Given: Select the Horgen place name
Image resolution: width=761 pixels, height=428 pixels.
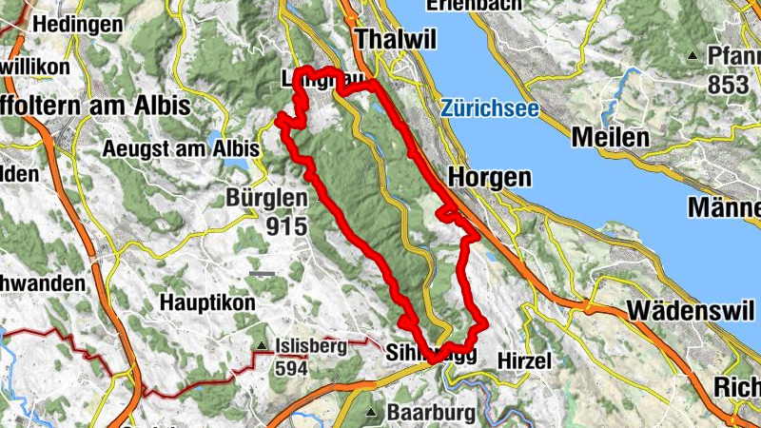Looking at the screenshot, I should point(488,177).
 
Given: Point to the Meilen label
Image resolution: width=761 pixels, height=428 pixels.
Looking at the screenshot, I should point(610,138).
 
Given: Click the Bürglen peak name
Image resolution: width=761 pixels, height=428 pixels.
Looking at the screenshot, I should point(266,198).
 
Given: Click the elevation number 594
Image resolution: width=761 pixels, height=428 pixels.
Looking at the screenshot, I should point(290,368).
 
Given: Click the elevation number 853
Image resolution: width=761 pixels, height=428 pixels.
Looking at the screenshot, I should point(729,85).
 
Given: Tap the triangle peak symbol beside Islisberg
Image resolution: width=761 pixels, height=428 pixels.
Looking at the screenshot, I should point(261,346).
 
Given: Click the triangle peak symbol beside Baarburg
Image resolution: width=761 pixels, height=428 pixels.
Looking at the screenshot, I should point(372,413).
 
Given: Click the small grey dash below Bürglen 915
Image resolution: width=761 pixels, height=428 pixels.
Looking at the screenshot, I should point(263,274).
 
